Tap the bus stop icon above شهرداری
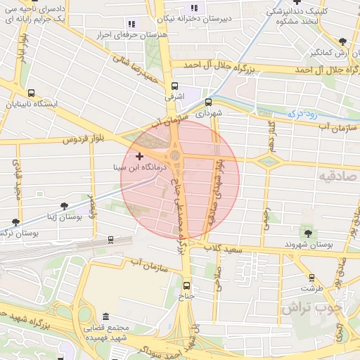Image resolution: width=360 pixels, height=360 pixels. (x=207, y=102)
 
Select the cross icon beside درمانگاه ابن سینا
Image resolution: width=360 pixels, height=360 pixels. (x=139, y=155)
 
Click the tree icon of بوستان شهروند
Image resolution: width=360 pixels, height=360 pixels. (x=307, y=233)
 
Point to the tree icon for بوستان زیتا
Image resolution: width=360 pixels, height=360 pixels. (x=65, y=206)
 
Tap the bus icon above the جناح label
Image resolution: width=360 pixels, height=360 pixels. (x=186, y=285)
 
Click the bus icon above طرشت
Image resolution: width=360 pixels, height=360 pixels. (x=309, y=277)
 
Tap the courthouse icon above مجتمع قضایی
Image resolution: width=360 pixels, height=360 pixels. (x=105, y=316)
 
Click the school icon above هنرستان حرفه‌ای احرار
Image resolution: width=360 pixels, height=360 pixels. (x=131, y=24)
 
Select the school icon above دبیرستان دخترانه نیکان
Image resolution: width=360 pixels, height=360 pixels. (x=195, y=8)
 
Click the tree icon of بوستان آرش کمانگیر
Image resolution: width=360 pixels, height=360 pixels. (x=342, y=41)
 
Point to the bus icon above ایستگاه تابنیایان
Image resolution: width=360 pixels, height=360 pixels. (x=31, y=93)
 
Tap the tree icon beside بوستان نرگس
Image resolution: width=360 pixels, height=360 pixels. (x=15, y=223)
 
